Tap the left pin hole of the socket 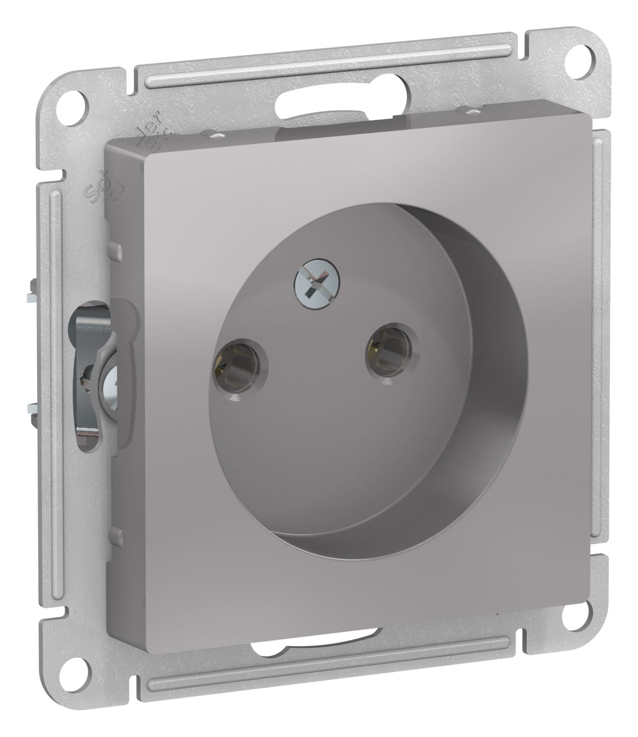click(239, 365)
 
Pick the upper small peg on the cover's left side click(116, 251)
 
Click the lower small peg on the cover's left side click(116, 536)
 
